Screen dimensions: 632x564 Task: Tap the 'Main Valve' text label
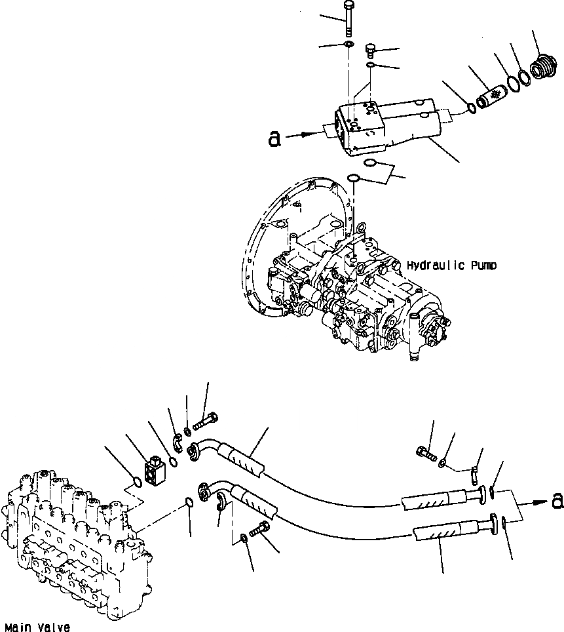[36, 627]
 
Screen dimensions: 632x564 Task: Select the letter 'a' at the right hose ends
[557, 501]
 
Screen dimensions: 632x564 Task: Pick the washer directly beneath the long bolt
[348, 45]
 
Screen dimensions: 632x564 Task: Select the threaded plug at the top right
[541, 68]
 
